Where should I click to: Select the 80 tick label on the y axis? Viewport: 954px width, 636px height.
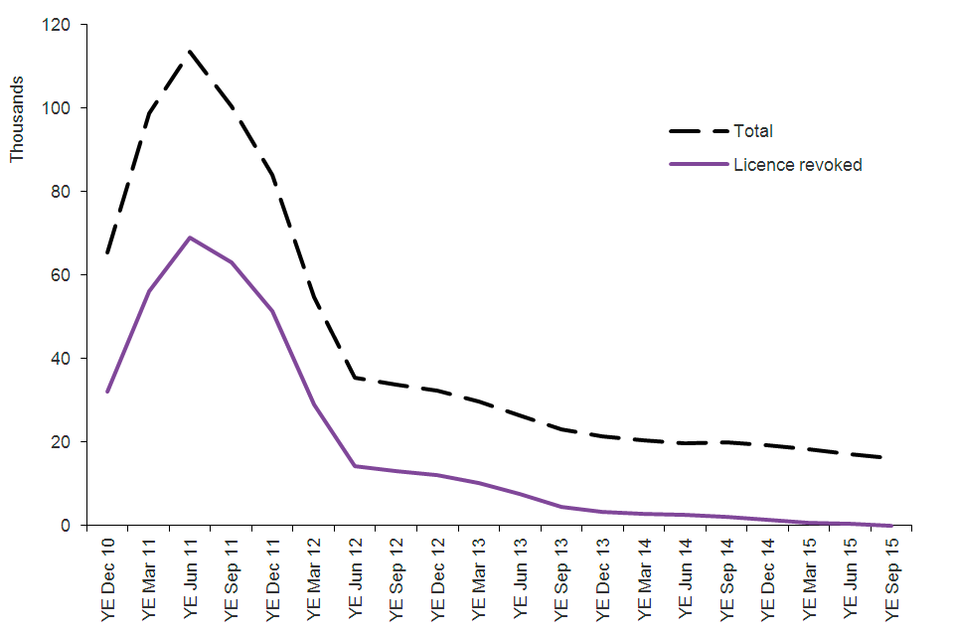point(71,191)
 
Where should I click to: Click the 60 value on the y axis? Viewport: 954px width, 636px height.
point(71,274)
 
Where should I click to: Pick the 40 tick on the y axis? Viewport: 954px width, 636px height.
point(71,358)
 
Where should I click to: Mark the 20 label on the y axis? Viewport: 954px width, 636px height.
point(71,441)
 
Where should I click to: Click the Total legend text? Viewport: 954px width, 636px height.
point(753,131)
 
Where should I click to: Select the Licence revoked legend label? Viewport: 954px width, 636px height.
point(797,165)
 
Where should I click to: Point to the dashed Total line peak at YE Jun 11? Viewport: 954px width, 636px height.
point(189,51)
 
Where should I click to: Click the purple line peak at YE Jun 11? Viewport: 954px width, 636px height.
point(189,238)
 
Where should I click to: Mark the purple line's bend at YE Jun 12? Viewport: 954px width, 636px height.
point(355,466)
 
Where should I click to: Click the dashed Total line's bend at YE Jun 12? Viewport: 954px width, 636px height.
point(355,378)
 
